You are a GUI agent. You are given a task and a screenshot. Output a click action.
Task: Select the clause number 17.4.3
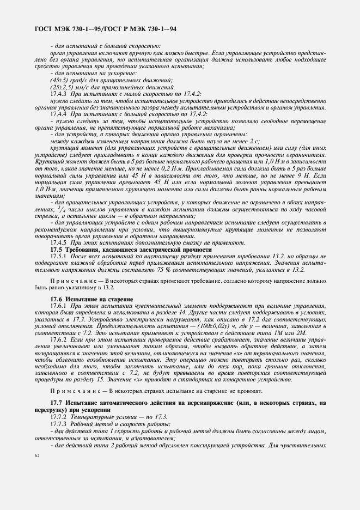click(x=59, y=94)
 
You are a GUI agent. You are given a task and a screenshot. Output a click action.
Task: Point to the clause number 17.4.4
click(x=59, y=115)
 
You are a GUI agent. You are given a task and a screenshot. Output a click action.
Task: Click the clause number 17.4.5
click(x=59, y=242)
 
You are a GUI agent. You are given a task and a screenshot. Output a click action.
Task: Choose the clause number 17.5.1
click(x=59, y=256)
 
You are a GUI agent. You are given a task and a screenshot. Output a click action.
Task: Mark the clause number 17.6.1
click(x=59, y=307)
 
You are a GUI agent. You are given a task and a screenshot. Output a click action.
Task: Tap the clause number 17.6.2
click(x=59, y=339)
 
